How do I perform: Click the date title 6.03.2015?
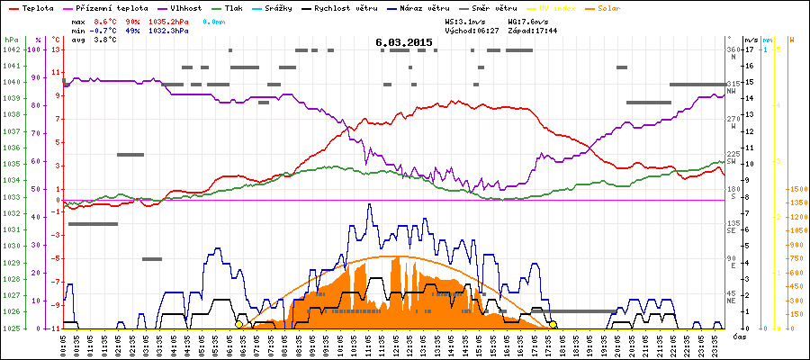pos(404,42)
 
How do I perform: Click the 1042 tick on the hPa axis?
pos(11,49)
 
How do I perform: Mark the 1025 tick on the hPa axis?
pos(11,328)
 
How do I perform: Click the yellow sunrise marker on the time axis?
pos(238,324)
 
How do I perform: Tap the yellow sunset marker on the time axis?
pos(553,324)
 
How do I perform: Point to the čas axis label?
pos(740,336)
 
